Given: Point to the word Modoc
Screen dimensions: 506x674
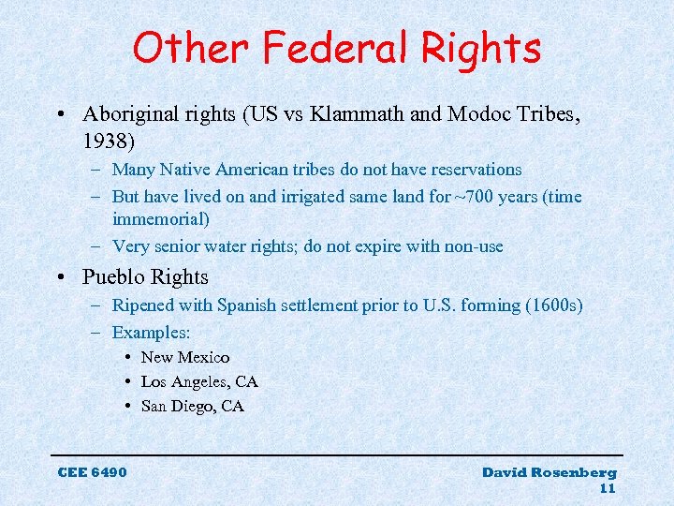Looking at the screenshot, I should pyautogui.click(x=476, y=115).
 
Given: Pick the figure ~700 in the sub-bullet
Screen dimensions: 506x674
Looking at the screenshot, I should pyautogui.click(x=469, y=197).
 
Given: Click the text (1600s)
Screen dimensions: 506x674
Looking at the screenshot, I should pyautogui.click(x=555, y=305).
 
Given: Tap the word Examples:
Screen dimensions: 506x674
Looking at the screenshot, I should pyautogui.click(x=151, y=333).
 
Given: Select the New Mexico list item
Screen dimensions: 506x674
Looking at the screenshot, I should pyautogui.click(x=184, y=357).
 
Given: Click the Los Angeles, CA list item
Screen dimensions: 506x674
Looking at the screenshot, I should pyautogui.click(x=198, y=381).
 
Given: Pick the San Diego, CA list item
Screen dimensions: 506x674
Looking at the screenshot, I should pyautogui.click(x=192, y=406).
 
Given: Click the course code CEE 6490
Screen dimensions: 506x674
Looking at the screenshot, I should pyautogui.click(x=92, y=471).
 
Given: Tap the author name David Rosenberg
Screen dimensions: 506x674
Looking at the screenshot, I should pyautogui.click(x=549, y=471).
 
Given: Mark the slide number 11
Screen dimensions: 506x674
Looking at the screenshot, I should pyautogui.click(x=608, y=488).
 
